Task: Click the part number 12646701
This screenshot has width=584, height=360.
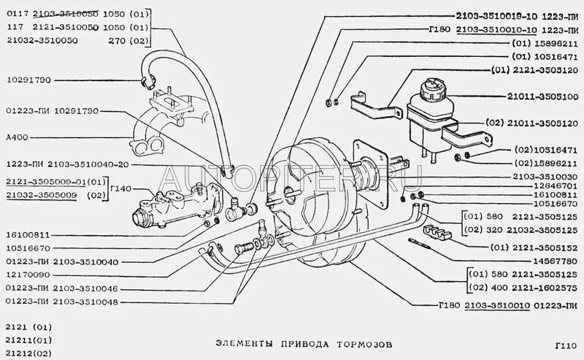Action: (539, 187)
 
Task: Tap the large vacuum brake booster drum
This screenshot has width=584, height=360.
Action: (314, 212)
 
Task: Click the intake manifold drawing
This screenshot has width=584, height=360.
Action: (157, 124)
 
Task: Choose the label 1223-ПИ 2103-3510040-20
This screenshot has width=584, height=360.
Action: (68, 164)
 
